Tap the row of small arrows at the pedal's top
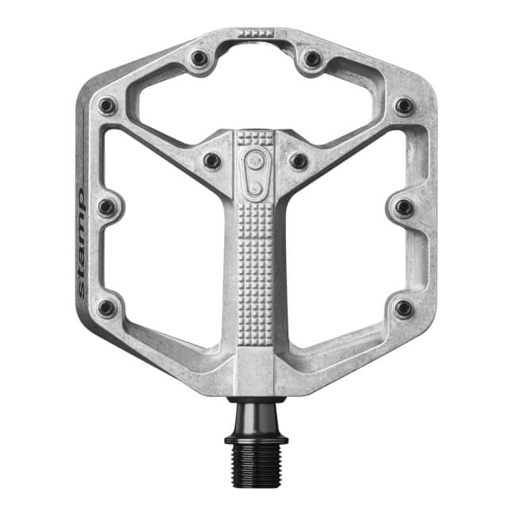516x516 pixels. (256, 33)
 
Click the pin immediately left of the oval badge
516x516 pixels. (212, 160)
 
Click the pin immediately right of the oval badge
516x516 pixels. (298, 160)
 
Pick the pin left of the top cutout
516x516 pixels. (199, 59)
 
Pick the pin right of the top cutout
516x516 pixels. (313, 59)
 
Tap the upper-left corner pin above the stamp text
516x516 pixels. (107, 106)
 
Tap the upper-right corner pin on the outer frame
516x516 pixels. (404, 106)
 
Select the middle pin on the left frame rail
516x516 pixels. (107, 208)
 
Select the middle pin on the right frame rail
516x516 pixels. (404, 208)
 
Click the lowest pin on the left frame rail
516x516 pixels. (107, 308)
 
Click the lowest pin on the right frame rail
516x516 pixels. (404, 308)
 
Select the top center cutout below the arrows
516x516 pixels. (256, 87)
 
